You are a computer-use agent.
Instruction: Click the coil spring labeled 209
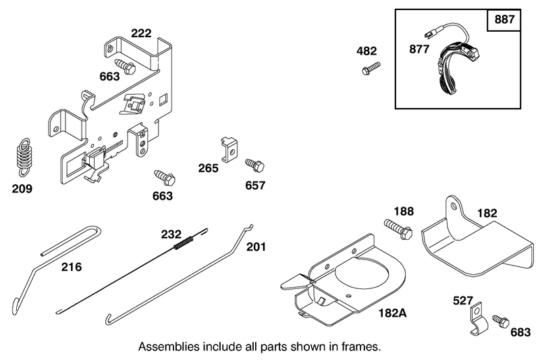pos(24,157)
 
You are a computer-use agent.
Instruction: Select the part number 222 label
pos(141,33)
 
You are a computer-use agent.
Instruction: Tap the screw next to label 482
pos(371,68)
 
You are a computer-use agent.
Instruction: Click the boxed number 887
pos(504,20)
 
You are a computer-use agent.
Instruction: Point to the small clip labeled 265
pos(229,149)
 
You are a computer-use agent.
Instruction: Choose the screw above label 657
pos(254,165)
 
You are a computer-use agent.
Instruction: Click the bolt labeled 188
pos(398,228)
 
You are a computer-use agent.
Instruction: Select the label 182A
pos(393,313)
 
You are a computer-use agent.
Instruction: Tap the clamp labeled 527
pos(479,319)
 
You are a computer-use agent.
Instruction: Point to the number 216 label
pos(72,267)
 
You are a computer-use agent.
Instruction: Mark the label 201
pos(256,247)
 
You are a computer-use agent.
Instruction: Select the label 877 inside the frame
pos(419,49)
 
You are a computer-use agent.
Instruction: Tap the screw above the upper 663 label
pos(125,66)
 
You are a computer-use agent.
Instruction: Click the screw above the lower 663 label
pos(165,177)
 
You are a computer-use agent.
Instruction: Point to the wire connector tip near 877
pos(428,34)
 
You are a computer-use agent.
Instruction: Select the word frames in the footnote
pos(363,346)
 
